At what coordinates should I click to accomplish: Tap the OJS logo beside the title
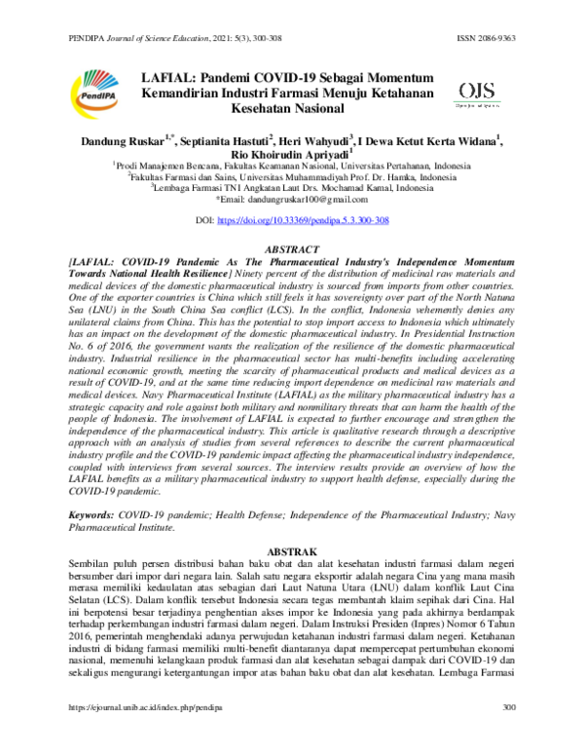[475, 94]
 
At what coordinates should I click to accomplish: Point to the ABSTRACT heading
[291, 249]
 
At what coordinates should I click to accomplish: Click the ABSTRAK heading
[291, 549]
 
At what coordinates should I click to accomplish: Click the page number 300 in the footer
[506, 734]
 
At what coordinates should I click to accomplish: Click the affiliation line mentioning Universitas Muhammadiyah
[291, 177]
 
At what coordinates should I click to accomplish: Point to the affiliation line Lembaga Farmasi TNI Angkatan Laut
[291, 189]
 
